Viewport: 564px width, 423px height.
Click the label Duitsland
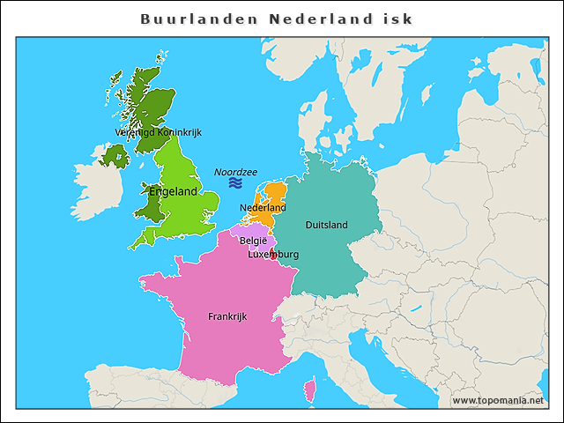(x=326, y=225)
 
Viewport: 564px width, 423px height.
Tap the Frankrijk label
(x=227, y=315)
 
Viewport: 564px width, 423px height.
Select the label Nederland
(x=263, y=208)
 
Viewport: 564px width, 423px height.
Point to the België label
(x=253, y=240)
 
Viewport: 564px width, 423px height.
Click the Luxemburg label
(x=273, y=255)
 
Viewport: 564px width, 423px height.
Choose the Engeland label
(x=174, y=191)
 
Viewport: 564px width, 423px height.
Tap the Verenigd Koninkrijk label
(x=159, y=132)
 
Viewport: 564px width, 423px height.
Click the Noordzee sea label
(x=235, y=172)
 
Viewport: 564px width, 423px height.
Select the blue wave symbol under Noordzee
(x=235, y=183)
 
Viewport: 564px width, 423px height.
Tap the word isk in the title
(x=397, y=19)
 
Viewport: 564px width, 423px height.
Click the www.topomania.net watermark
(x=498, y=400)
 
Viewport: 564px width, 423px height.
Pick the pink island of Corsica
(x=308, y=389)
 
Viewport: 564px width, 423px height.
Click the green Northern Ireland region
(x=115, y=157)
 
